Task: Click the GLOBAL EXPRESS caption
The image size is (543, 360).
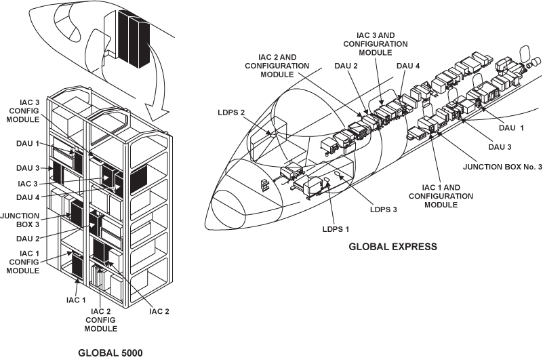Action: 393,247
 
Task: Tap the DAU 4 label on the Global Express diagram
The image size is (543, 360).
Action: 408,65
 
